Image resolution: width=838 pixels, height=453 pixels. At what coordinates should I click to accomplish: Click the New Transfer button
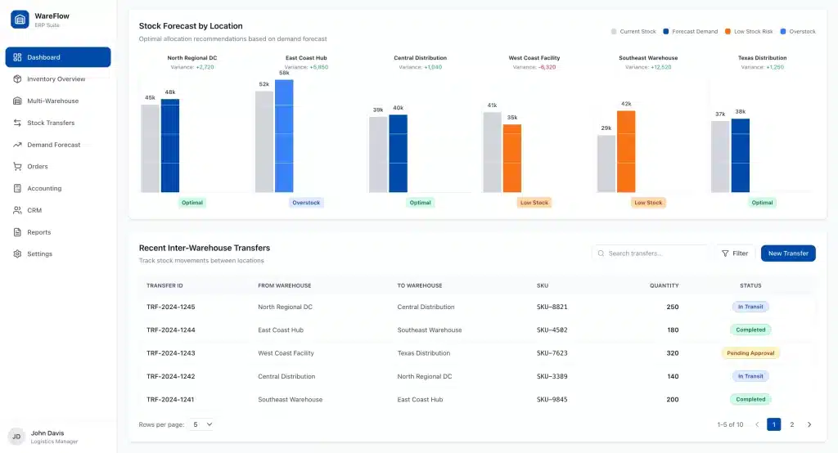pos(787,253)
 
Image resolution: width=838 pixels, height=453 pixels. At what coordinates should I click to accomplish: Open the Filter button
pos(734,253)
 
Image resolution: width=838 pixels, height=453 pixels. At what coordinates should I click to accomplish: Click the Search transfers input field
pos(651,253)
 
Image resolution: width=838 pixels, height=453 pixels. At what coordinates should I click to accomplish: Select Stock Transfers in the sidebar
pos(51,123)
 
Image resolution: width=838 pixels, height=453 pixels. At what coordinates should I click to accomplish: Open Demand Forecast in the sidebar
pos(53,145)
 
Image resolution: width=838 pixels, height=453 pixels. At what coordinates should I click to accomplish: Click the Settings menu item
pos(39,254)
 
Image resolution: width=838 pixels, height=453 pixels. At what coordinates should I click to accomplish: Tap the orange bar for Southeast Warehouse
pos(625,151)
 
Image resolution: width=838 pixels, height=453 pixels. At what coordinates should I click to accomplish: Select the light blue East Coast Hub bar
pos(284,136)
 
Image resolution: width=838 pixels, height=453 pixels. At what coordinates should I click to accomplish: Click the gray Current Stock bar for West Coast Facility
pos(492,152)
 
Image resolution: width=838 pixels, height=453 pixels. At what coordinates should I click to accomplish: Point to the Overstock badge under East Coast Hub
pos(306,203)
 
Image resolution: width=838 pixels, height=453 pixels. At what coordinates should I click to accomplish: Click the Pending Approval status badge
pos(750,353)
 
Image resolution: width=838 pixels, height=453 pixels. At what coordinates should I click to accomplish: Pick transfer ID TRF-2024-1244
pos(170,330)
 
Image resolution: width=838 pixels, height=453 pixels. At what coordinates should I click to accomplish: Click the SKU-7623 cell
pos(552,353)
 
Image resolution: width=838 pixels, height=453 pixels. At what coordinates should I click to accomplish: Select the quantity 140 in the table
pos(672,377)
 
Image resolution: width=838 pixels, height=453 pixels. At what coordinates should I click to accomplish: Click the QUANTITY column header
pos(664,285)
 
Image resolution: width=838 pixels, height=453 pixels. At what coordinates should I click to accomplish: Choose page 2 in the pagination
pos(791,424)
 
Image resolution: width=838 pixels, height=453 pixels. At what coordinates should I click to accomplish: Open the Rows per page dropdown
pos(201,424)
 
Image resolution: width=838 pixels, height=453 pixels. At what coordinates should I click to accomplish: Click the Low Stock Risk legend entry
pos(750,32)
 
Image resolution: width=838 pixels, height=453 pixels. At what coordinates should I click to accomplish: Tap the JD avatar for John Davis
pos(16,437)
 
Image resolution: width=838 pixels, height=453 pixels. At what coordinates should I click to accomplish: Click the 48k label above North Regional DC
pos(169,92)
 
